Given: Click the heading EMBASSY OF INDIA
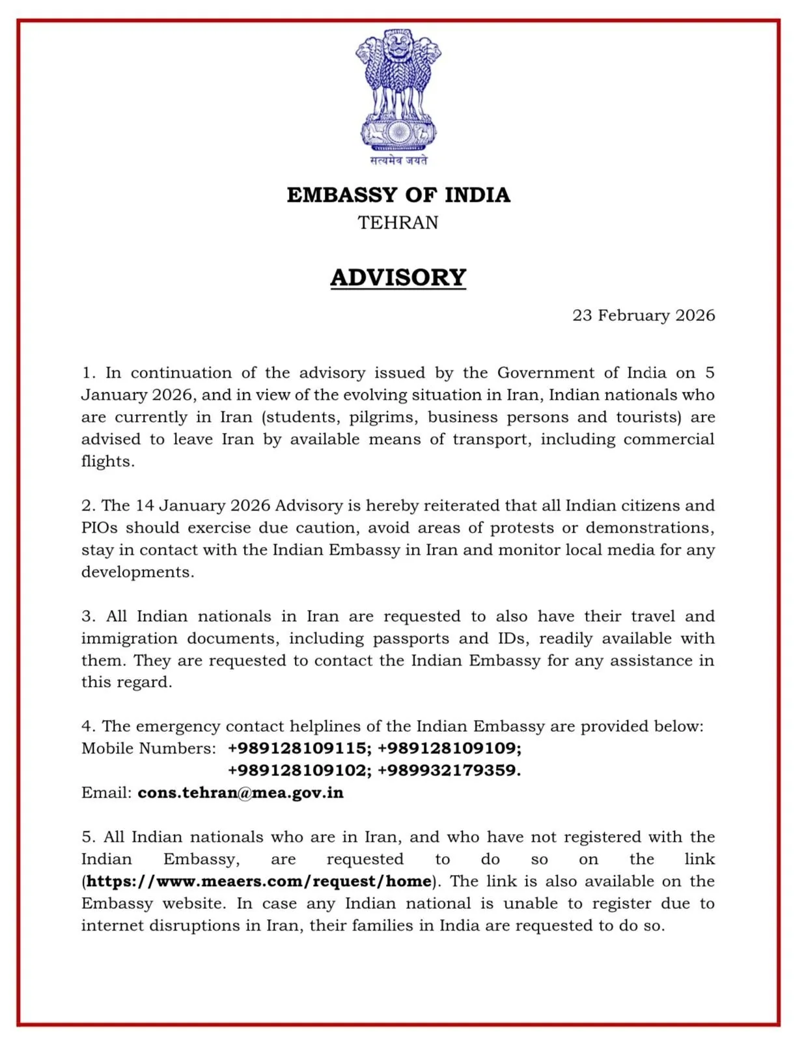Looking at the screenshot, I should click(x=398, y=195).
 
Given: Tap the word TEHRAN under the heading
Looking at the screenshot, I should click(x=398, y=223).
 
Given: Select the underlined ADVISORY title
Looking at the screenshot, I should click(x=398, y=277).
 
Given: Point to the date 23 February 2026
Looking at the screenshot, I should click(x=643, y=316).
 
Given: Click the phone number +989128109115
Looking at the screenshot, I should click(x=299, y=748).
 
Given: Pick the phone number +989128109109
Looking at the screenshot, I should click(x=449, y=748).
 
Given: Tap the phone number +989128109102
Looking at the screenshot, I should click(x=299, y=770).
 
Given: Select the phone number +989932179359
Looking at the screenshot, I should click(x=449, y=770).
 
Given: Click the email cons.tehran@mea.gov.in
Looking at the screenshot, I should click(x=240, y=793).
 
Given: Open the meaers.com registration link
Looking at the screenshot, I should click(x=259, y=882).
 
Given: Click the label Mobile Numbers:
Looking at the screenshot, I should click(x=148, y=749).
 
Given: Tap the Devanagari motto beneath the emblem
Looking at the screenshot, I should click(x=398, y=160).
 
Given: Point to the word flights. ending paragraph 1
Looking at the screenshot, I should click(x=108, y=462).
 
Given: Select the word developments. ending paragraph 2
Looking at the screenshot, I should click(x=137, y=572).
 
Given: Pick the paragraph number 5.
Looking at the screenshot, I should click(x=89, y=837).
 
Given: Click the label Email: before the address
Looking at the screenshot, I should click(x=106, y=793).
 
